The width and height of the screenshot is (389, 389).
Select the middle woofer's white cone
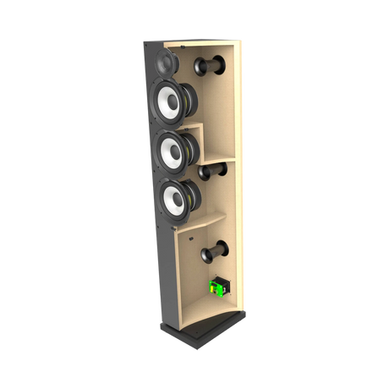pos(171,151)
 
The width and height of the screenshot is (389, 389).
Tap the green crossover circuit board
pos(216,288)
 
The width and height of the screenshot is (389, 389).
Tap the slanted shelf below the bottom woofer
pos(203,225)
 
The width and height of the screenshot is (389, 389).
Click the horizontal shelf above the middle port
pos(222,161)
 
